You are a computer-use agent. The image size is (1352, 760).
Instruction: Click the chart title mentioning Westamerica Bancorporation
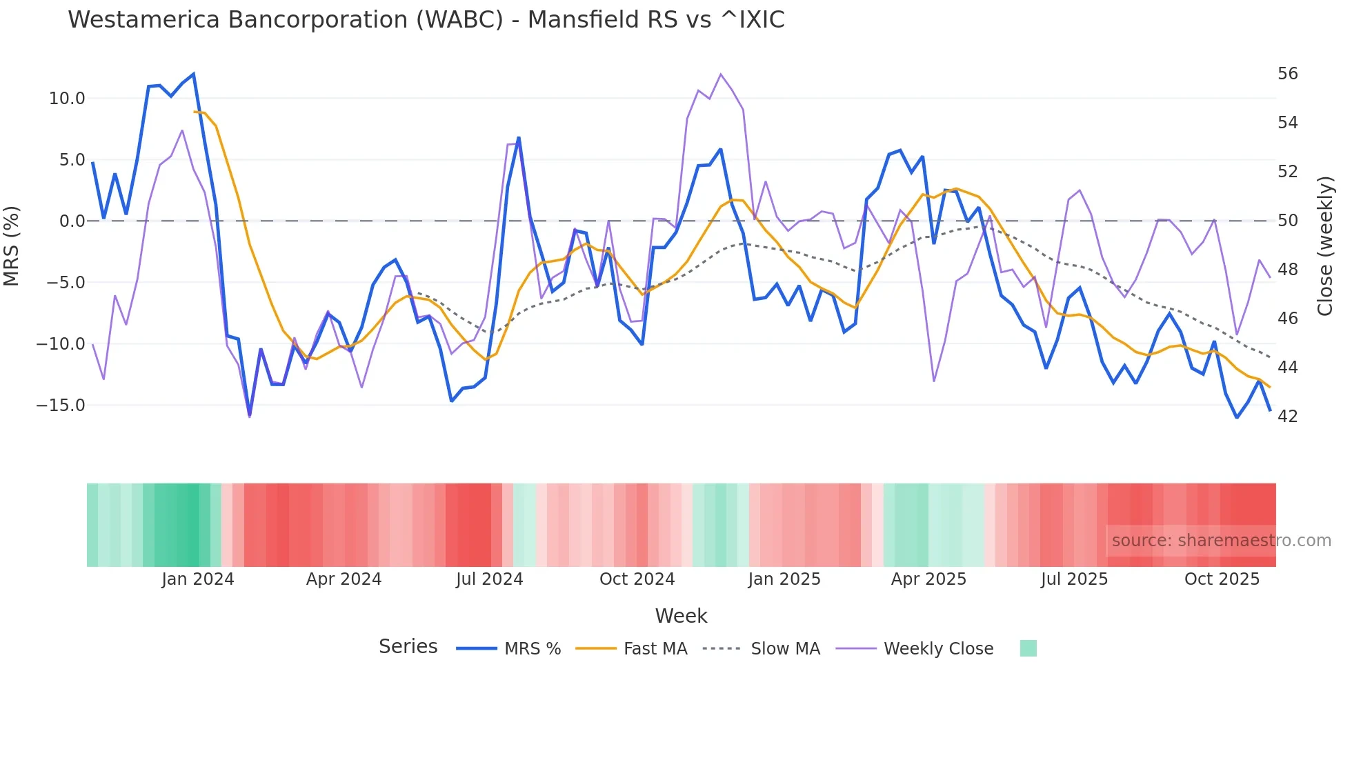click(426, 20)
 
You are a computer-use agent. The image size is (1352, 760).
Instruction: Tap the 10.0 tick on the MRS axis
click(67, 99)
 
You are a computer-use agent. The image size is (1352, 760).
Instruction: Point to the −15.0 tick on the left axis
click(61, 406)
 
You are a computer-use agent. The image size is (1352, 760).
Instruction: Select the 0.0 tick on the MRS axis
click(72, 221)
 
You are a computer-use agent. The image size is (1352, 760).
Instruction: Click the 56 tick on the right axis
click(1287, 74)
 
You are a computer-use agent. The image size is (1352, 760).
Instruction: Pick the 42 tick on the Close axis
click(1287, 417)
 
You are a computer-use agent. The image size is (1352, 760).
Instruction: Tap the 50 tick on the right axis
click(1287, 221)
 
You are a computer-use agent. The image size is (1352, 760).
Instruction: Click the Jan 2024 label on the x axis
click(198, 579)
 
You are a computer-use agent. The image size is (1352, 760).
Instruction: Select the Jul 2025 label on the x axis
click(1074, 579)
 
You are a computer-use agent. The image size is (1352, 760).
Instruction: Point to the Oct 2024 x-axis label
click(637, 579)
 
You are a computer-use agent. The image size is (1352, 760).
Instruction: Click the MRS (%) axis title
click(12, 246)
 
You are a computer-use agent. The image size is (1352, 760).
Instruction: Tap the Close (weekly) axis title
click(1325, 246)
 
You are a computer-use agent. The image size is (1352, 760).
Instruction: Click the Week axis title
click(681, 616)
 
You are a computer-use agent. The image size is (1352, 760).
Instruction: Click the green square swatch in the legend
click(1028, 648)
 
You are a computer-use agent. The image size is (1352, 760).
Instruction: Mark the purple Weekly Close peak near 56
click(721, 74)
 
